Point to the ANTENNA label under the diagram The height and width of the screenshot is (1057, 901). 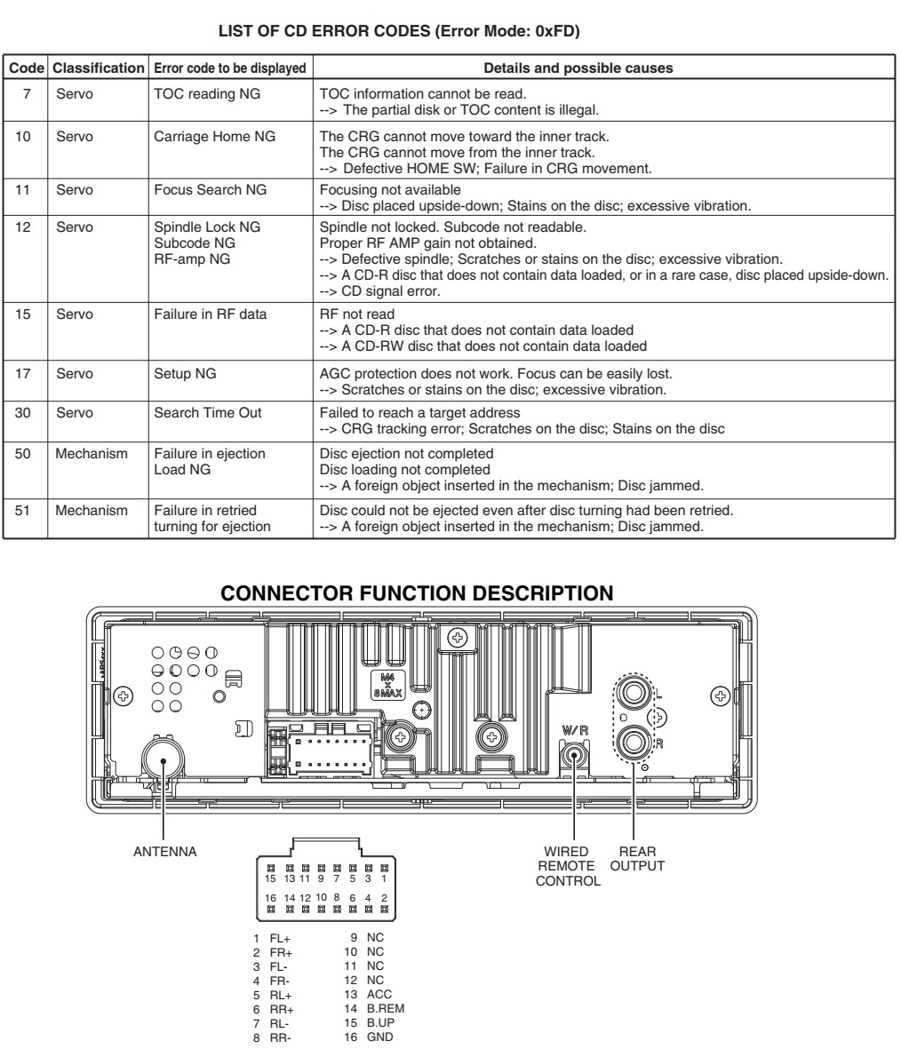tap(164, 851)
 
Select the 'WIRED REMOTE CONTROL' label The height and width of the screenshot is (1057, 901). tap(575, 866)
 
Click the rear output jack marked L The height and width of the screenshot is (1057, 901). tap(633, 689)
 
